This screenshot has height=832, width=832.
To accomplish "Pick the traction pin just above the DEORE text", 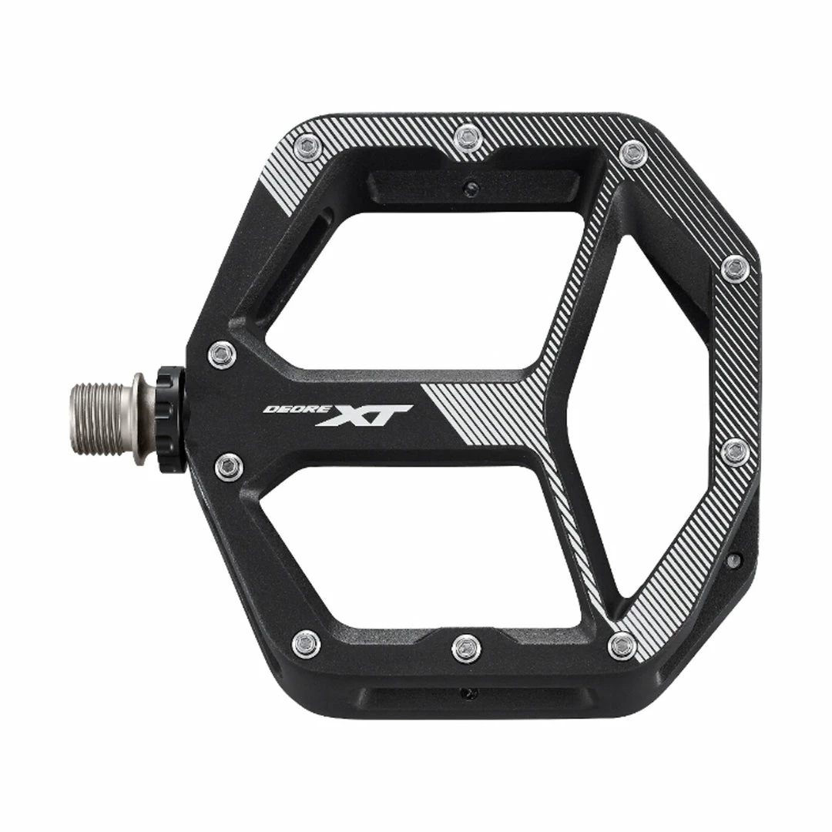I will [x=222, y=355].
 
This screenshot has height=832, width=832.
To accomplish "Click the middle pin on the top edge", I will [x=467, y=139].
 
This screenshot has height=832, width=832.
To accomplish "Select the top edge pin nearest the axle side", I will [x=307, y=146].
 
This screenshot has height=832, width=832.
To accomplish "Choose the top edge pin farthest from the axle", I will [x=632, y=154].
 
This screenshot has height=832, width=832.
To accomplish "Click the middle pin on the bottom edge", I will [x=466, y=648].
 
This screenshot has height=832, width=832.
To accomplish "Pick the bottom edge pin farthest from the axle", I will [x=622, y=645].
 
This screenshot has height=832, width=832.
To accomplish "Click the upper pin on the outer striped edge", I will [x=735, y=268].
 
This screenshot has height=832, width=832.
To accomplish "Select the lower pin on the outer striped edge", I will [x=736, y=451].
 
